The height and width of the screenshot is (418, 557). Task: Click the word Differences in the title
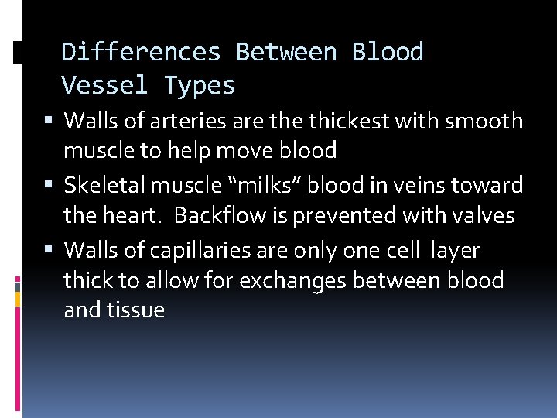point(141,52)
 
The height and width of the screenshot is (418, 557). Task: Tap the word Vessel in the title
point(104,85)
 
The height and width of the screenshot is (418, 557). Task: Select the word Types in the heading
point(200,85)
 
